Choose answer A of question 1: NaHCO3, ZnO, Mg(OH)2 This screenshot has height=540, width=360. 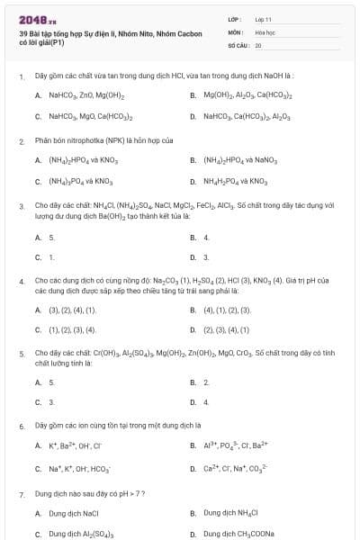[x=86, y=94]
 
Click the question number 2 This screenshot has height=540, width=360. [x=21, y=141]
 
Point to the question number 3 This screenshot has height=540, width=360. [x=21, y=205]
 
